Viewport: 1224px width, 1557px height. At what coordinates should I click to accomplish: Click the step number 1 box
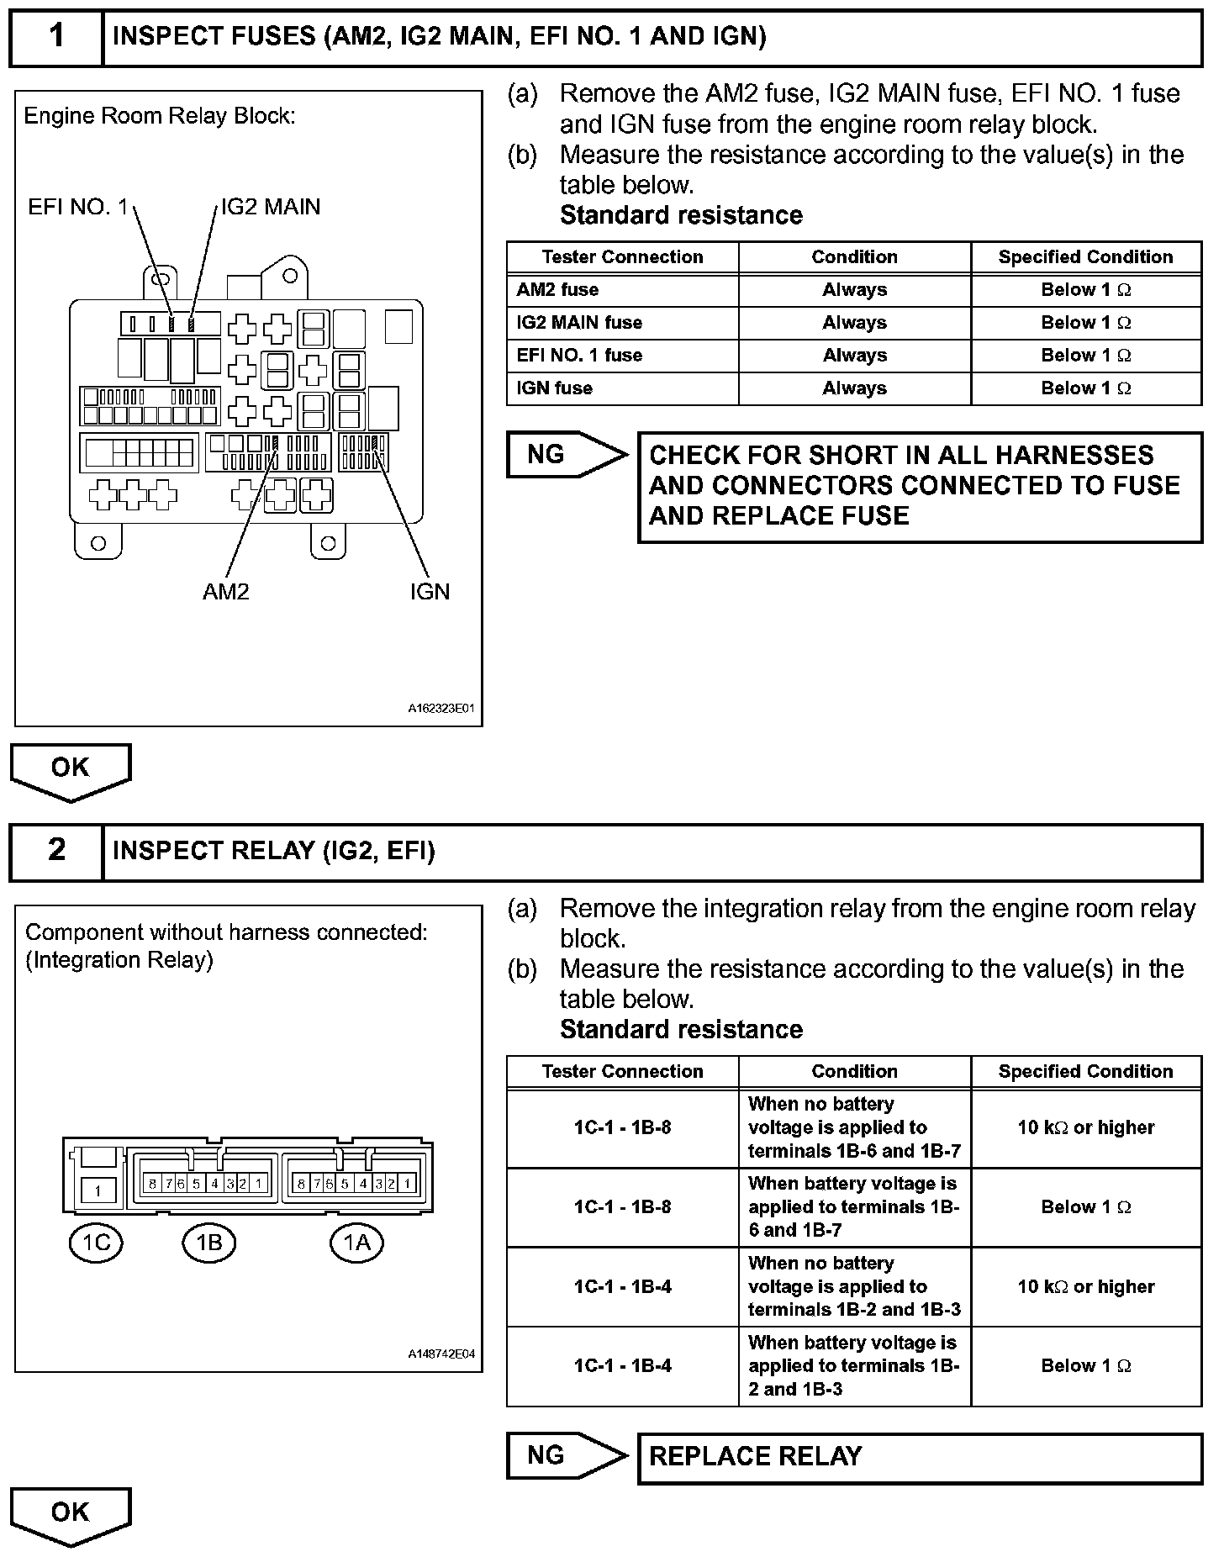56,37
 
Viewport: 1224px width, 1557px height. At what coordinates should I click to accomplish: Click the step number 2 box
56,851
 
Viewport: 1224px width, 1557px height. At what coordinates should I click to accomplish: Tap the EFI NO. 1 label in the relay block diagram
78,207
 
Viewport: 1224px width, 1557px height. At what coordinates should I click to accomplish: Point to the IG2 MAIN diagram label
271,207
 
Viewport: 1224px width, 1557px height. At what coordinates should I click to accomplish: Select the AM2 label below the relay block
226,592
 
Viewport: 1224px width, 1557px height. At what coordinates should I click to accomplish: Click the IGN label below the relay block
430,592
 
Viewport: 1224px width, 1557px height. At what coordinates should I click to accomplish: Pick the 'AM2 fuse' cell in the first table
622,290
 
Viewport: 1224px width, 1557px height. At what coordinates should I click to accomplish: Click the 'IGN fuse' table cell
622,388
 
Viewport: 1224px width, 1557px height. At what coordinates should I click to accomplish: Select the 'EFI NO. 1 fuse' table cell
622,356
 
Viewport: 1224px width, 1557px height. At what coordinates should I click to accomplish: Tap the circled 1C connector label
96,1243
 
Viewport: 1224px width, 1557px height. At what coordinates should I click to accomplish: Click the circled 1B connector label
208,1243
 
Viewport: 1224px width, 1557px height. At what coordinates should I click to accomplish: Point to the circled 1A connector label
356,1243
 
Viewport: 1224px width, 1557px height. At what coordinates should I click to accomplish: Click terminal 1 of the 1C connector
98,1190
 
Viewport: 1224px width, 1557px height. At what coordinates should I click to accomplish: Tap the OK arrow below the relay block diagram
71,769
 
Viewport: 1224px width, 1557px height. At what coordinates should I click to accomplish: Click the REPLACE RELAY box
920,1457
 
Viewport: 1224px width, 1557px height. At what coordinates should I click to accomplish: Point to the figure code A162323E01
441,709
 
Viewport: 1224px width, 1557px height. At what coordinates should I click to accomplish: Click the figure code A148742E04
441,1354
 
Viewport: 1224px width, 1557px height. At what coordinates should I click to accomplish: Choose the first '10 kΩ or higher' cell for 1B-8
1086,1128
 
